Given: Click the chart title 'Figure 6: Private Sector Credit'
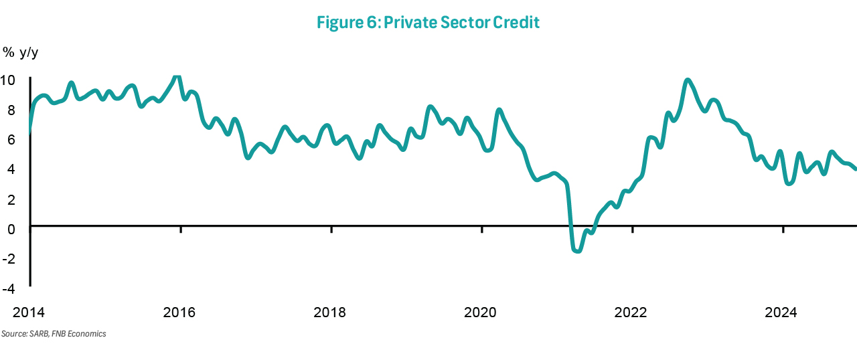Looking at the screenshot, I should click(x=428, y=23).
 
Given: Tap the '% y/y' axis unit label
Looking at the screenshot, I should click(x=21, y=52).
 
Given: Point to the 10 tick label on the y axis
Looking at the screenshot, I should click(x=8, y=81).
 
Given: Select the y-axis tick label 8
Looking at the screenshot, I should click(x=11, y=110).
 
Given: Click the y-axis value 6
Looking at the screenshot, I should click(x=11, y=140).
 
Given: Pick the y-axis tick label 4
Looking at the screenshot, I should click(x=11, y=169).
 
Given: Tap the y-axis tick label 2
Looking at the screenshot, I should click(x=11, y=199).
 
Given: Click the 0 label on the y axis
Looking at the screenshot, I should click(x=11, y=228).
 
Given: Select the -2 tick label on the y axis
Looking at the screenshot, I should click(x=8, y=258).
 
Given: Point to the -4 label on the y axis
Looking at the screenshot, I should click(x=8, y=288).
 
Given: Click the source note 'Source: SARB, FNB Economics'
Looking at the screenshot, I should click(x=54, y=334).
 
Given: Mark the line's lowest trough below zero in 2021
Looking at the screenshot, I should click(x=577, y=251).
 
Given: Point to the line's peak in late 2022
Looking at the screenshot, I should click(x=688, y=81).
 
